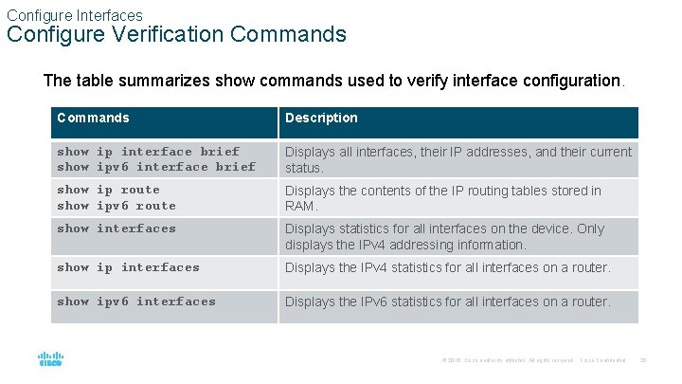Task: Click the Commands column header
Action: (x=93, y=119)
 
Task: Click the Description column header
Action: (x=322, y=119)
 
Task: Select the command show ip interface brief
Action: (x=148, y=152)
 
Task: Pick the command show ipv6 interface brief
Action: (x=156, y=167)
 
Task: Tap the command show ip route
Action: (x=108, y=191)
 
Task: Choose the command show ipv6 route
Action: (x=117, y=206)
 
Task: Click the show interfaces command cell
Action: (x=117, y=229)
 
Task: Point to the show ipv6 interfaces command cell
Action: (x=136, y=302)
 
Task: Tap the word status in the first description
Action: (x=303, y=167)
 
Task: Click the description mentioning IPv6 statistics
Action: (x=447, y=302)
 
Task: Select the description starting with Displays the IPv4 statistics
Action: (x=447, y=267)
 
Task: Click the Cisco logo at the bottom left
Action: (x=50, y=359)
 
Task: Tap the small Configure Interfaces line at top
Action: (x=74, y=15)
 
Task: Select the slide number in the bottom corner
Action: (x=643, y=360)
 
